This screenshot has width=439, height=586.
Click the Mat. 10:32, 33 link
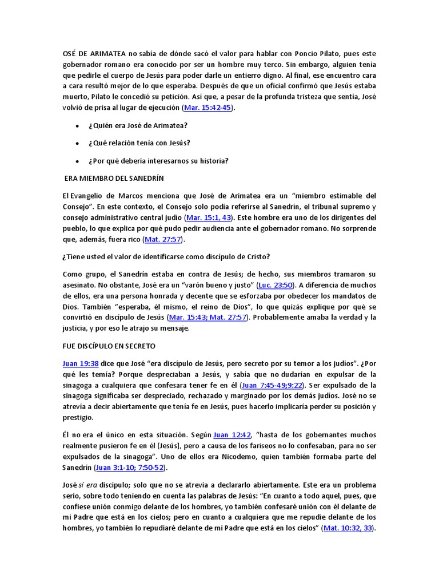348,528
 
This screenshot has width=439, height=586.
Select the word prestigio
77,417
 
